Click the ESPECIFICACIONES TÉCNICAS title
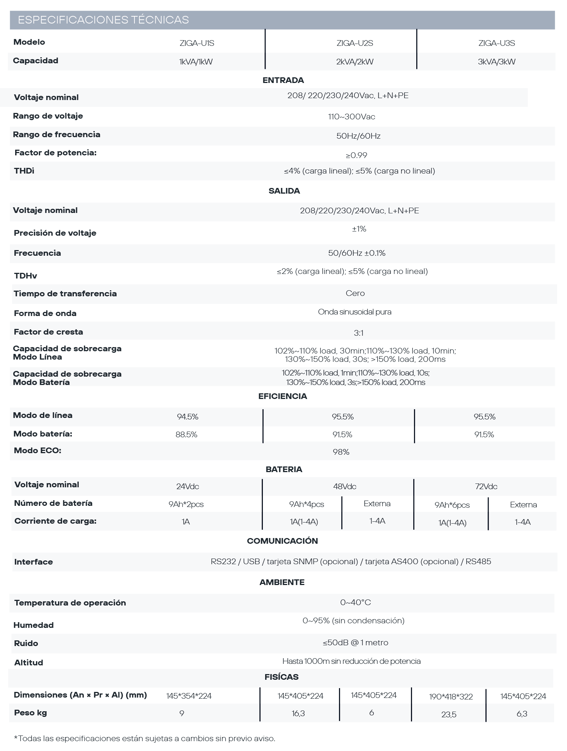click(103, 20)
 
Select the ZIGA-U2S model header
click(355, 43)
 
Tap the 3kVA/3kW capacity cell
click(497, 62)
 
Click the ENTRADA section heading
click(283, 80)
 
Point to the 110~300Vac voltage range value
click(351, 117)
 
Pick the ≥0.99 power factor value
click(356, 155)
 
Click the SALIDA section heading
click(284, 191)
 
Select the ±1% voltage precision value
click(359, 229)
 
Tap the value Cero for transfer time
click(355, 293)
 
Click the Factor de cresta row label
click(48, 332)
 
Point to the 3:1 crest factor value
click(358, 333)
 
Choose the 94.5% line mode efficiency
click(187, 417)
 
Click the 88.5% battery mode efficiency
click(186, 435)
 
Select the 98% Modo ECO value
click(341, 452)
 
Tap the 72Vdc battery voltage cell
click(486, 487)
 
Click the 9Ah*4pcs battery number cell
click(306, 504)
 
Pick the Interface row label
click(33, 562)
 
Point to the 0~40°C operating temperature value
click(355, 602)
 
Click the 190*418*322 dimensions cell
click(451, 696)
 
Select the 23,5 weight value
click(449, 715)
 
